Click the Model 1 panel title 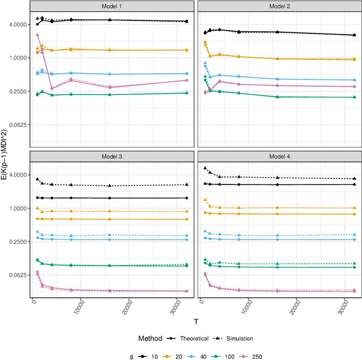point(112,6)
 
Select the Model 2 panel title point(279,6)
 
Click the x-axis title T point(196,322)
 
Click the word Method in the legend point(151,338)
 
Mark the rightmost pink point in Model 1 point(187,80)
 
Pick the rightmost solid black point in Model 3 point(187,198)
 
